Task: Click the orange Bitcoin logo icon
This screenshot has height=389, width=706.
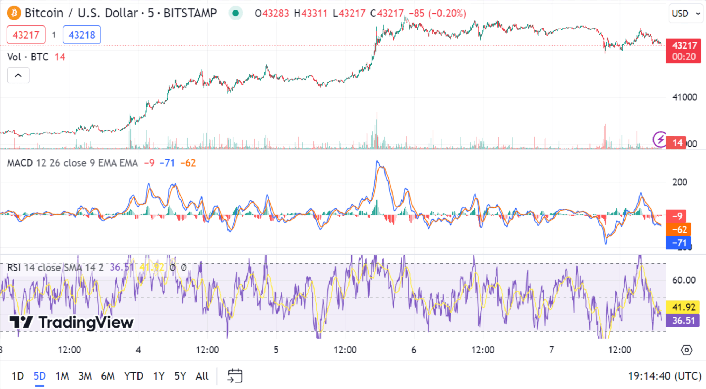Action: [x=14, y=13]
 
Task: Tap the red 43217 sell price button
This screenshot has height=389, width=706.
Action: [x=26, y=35]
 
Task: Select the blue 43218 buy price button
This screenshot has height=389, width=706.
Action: [x=82, y=35]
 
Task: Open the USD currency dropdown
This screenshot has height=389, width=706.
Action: [x=685, y=14]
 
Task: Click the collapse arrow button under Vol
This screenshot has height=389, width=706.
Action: [x=18, y=75]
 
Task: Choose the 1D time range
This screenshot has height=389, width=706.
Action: [x=17, y=376]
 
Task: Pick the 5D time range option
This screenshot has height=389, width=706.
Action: [x=40, y=376]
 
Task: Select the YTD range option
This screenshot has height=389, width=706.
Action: [x=133, y=376]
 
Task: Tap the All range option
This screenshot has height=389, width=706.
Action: [x=202, y=376]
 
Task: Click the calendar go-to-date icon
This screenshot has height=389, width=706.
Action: [x=235, y=376]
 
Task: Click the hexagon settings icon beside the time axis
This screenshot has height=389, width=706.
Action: [x=686, y=350]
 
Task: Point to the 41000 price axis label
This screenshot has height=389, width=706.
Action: [x=684, y=97]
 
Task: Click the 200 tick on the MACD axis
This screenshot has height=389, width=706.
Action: [x=679, y=182]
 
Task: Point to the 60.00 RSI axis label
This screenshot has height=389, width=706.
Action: [x=684, y=280]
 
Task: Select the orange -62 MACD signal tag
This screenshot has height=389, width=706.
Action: [x=679, y=229]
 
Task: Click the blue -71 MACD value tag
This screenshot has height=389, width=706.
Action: [x=679, y=243]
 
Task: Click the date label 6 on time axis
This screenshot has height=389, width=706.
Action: [x=414, y=350]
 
